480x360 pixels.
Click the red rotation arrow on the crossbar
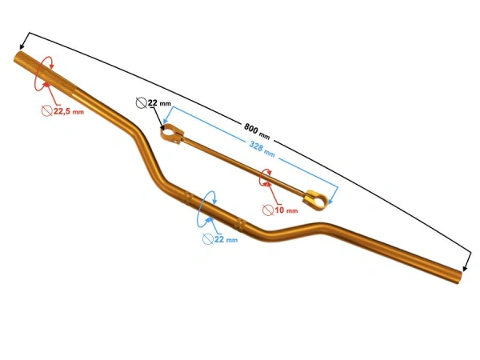click(266, 178)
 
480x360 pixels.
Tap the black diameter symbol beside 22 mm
click(142, 102)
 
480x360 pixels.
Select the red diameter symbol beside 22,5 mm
click(46, 112)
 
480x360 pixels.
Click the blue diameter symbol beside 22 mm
click(208, 239)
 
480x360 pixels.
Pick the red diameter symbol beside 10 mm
click(269, 210)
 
